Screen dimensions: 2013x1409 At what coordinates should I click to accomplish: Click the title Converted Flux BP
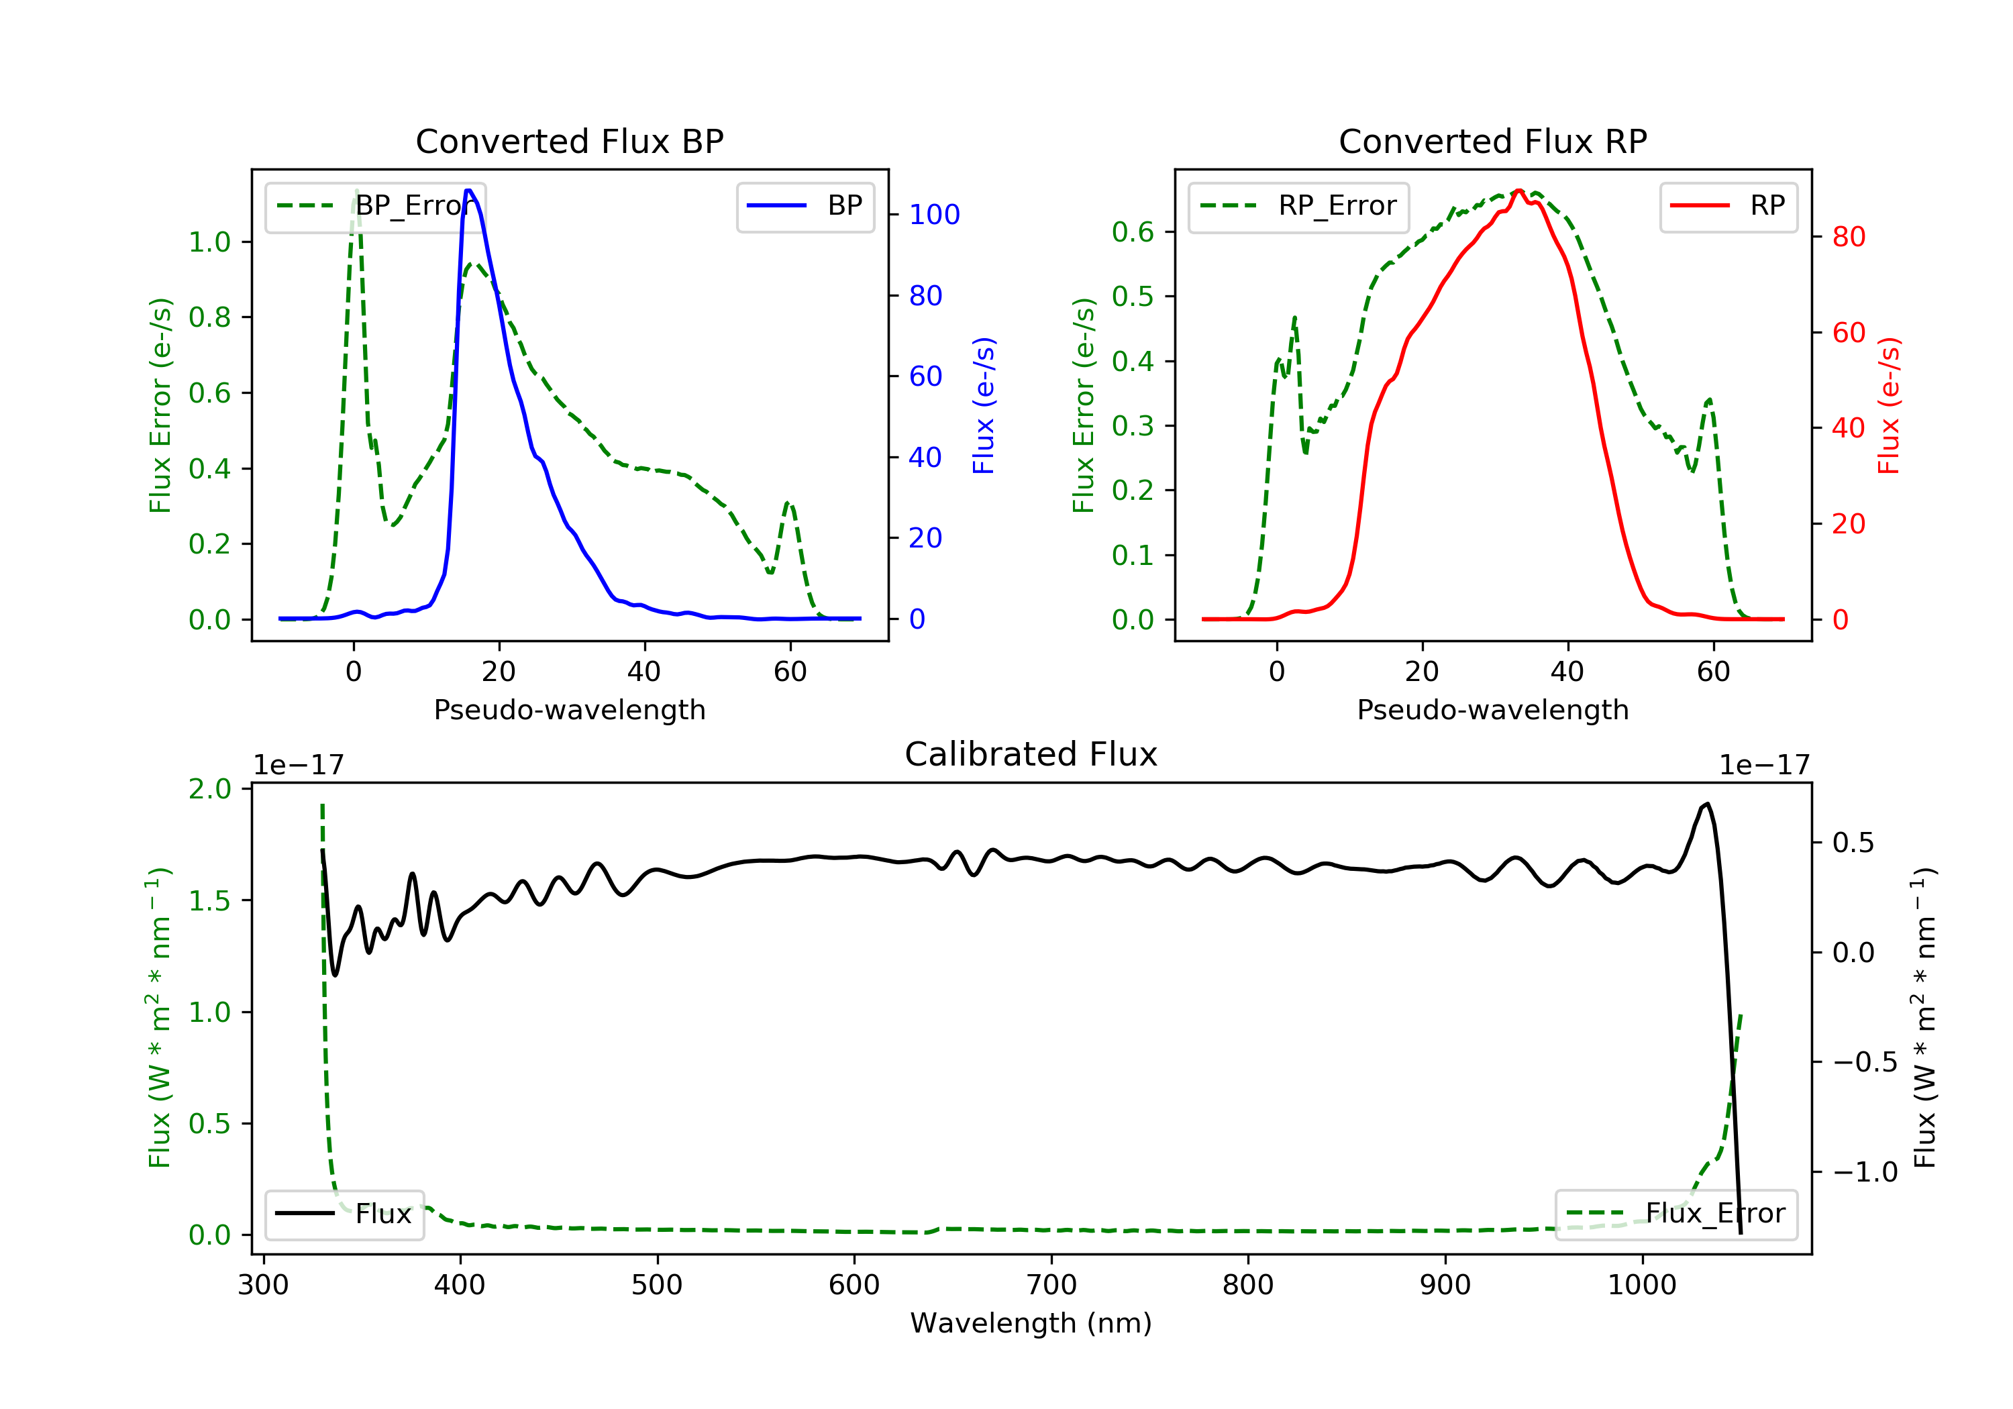pos(569,141)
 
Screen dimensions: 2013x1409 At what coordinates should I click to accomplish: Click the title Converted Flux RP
pos(1492,141)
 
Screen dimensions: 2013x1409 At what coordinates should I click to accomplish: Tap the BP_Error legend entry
pos(375,207)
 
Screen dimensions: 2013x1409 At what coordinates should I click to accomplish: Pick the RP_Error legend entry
pos(1298,207)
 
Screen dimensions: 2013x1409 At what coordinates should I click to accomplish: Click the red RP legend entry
pos(1728,207)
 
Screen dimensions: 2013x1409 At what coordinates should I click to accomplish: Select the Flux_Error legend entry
pos(1675,1214)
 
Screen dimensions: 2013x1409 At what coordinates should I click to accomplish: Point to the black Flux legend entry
pos(344,1214)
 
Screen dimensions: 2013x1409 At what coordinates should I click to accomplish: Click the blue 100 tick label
pos(935,215)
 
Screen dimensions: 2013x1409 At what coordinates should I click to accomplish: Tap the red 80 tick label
pos(1849,237)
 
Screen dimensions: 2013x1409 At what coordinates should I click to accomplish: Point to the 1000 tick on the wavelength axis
pos(1642,1286)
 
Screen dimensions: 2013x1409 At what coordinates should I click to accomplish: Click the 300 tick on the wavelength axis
pos(263,1286)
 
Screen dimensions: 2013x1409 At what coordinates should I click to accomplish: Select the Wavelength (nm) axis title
pos(1031,1323)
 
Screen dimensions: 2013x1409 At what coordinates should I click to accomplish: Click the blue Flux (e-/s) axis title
pos(984,405)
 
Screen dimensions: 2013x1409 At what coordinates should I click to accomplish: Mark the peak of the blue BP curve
pos(469,191)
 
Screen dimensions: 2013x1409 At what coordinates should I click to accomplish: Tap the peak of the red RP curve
pos(1518,191)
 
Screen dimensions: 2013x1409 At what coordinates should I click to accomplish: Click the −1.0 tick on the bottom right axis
pos(1865,1172)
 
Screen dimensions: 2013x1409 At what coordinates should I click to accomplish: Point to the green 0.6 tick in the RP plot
pos(1133,232)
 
